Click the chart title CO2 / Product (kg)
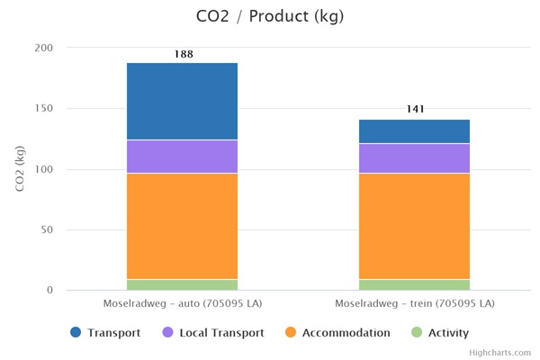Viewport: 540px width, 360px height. (269, 16)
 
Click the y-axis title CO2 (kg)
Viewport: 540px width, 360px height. (20, 168)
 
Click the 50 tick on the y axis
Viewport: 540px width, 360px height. (46, 229)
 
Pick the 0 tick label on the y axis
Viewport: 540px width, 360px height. (49, 290)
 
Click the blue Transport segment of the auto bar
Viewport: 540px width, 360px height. (182, 102)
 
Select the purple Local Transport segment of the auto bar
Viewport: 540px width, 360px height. (182, 157)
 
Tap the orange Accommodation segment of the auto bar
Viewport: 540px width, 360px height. (182, 226)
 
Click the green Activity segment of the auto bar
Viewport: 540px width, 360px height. (182, 284)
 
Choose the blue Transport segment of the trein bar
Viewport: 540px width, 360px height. (414, 131)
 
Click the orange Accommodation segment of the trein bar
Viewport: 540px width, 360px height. (414, 226)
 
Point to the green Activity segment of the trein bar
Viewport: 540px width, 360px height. (414, 284)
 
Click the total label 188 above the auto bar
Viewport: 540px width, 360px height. (183, 55)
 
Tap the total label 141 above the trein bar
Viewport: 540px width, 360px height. (414, 110)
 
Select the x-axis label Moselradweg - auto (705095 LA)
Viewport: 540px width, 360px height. (182, 303)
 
